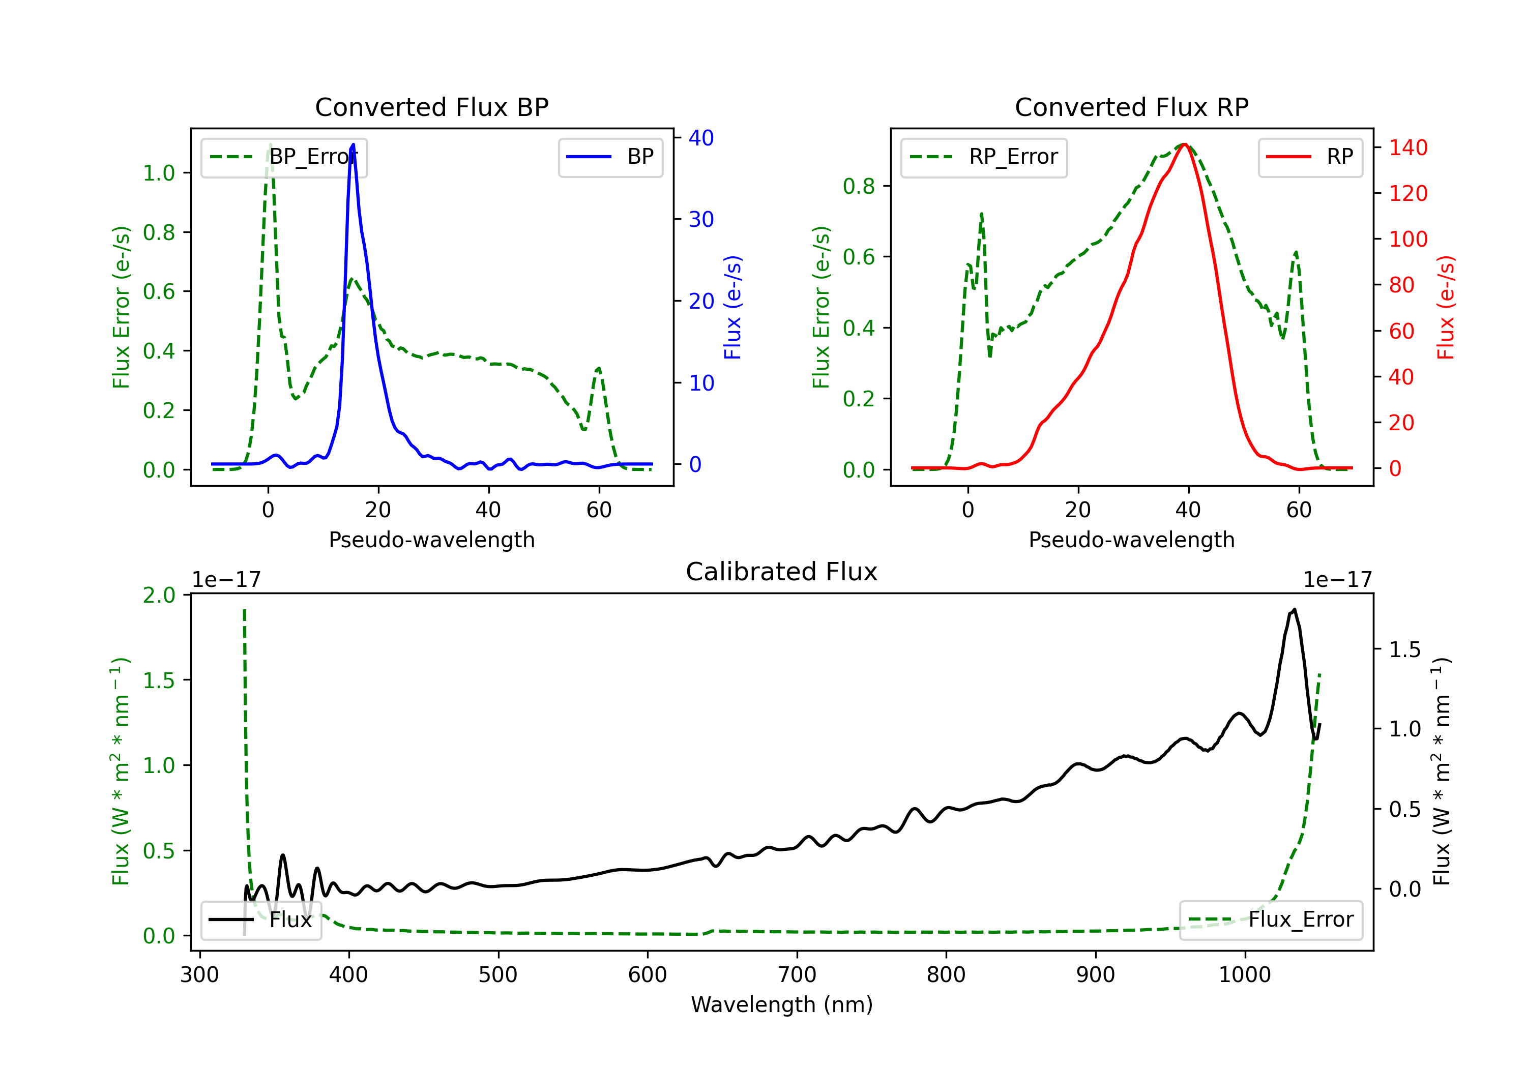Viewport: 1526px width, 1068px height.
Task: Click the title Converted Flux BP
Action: click(x=431, y=107)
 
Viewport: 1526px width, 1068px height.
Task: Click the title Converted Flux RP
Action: click(x=1131, y=107)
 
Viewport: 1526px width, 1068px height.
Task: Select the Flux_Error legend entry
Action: click(x=1270, y=920)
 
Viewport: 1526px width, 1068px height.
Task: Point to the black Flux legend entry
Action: click(x=261, y=920)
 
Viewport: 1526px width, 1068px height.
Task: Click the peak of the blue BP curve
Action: click(x=353, y=144)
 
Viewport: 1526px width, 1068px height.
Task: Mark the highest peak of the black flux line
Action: click(x=1294, y=609)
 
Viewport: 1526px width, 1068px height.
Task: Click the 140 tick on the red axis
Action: click(x=1407, y=147)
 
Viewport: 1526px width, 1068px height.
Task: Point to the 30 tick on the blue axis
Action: click(x=700, y=219)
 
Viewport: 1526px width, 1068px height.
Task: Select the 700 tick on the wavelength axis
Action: click(x=797, y=974)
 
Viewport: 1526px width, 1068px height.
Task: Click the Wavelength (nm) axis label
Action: click(x=782, y=1004)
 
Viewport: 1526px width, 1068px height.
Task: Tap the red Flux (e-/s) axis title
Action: click(x=1446, y=307)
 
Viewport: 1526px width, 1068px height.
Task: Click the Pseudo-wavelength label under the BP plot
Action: click(x=431, y=540)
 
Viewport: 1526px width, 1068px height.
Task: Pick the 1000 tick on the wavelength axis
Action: click(x=1244, y=974)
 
